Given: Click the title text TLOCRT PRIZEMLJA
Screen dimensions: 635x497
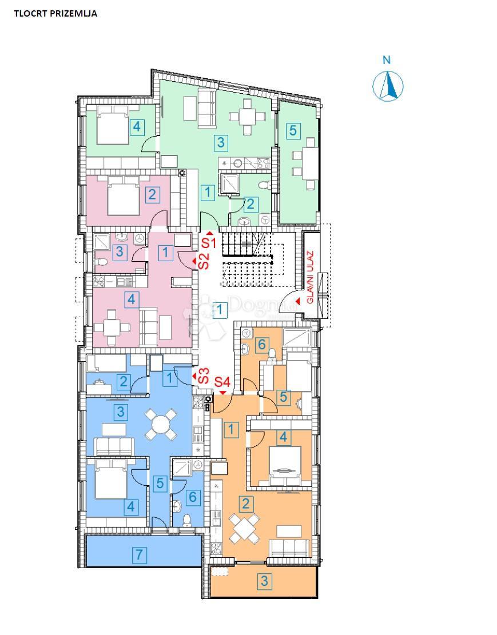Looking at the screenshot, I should (55, 14).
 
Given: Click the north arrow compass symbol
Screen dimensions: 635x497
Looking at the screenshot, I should (388, 86).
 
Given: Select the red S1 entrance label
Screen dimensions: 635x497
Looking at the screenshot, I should (209, 242).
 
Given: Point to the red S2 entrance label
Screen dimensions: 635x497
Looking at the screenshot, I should (204, 261).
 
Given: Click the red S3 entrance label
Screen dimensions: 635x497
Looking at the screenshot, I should (201, 377).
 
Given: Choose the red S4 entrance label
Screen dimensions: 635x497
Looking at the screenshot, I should (222, 381).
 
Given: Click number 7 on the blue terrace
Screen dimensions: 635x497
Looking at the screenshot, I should (138, 554).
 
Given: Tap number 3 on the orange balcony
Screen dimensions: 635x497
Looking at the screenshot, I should (264, 582).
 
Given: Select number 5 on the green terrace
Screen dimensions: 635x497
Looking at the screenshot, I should (293, 130).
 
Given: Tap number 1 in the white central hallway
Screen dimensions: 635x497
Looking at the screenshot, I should (219, 310).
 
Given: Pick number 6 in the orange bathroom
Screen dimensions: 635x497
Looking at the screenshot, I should (261, 344).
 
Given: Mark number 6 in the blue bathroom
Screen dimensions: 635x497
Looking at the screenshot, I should (192, 497).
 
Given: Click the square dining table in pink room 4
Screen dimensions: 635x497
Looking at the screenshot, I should (112, 328).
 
